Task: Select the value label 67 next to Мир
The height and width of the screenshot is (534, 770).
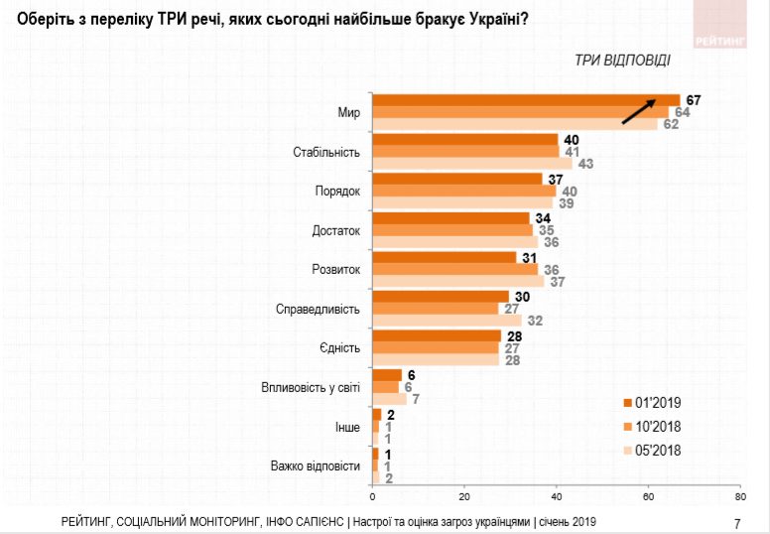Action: tap(693, 99)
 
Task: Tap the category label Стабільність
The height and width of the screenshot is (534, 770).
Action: tap(327, 152)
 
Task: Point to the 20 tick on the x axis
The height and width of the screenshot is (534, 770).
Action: tap(463, 496)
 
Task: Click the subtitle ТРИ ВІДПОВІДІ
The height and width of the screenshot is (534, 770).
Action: tap(622, 60)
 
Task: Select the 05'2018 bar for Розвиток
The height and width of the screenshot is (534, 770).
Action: tap(457, 281)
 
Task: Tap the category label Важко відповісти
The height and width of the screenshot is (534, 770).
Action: tap(314, 465)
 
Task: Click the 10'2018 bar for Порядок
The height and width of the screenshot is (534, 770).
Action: tap(463, 191)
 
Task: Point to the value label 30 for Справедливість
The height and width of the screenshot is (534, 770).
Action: tap(520, 296)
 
